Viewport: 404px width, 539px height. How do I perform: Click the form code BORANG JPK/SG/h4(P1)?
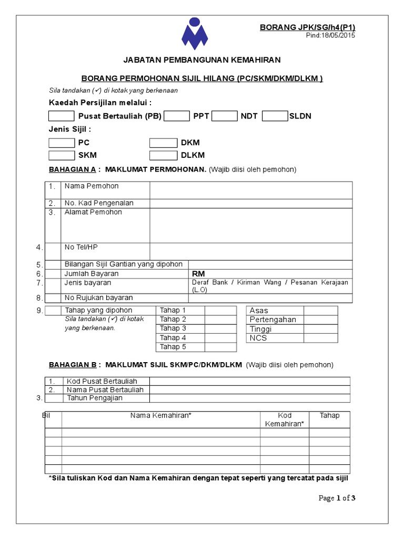click(x=308, y=27)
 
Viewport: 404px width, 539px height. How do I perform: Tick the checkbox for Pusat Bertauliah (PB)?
click(x=62, y=116)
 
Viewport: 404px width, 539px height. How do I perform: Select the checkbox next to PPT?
click(x=176, y=116)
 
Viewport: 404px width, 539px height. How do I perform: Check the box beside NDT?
click(x=225, y=116)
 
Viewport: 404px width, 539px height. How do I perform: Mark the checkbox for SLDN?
click(x=275, y=116)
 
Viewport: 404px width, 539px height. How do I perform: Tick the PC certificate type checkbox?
click(x=62, y=143)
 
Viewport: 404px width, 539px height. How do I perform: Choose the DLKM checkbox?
click(x=163, y=155)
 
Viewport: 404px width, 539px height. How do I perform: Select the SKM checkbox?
click(x=62, y=155)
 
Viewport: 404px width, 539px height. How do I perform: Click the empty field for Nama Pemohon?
click(x=251, y=190)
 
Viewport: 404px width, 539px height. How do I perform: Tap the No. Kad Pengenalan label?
click(x=99, y=203)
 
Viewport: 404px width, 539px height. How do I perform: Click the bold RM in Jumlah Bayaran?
click(x=198, y=274)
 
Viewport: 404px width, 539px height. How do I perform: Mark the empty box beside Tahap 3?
click(x=220, y=328)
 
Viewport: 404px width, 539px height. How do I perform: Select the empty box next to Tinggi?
click(x=320, y=329)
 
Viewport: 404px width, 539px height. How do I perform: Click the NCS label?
click(x=258, y=338)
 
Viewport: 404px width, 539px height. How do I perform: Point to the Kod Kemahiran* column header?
click(x=285, y=420)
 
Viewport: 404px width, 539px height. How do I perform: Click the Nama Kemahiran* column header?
click(x=161, y=415)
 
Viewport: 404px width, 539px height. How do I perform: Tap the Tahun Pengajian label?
click(x=94, y=398)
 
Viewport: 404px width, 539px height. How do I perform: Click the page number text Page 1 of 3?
click(x=338, y=498)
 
